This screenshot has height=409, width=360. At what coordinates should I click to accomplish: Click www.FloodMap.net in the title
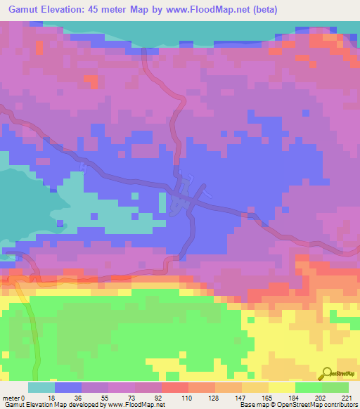click(208, 10)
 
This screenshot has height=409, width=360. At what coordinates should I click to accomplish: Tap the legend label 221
click(347, 397)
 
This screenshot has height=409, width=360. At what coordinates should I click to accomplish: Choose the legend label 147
click(240, 397)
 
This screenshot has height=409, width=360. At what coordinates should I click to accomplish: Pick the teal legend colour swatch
click(41, 388)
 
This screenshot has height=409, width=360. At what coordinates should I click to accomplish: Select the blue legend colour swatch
click(68, 388)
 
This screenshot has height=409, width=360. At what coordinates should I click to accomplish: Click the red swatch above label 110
click(175, 388)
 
